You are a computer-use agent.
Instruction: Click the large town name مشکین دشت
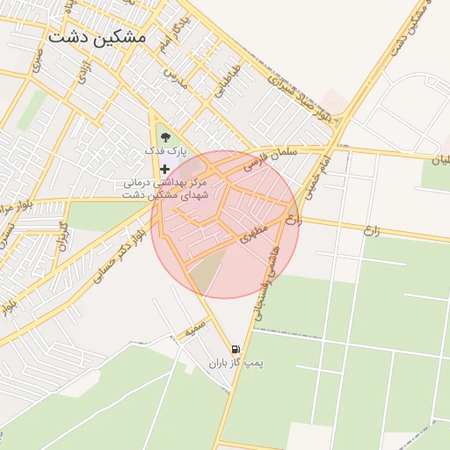tap(98, 38)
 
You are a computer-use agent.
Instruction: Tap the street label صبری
tap(37, 62)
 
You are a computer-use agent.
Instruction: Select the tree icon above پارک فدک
tap(164, 134)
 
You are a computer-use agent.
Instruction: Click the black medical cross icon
tap(164, 168)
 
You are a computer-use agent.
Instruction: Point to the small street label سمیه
tap(195, 330)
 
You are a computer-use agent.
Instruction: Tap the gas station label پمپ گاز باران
tap(236, 363)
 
